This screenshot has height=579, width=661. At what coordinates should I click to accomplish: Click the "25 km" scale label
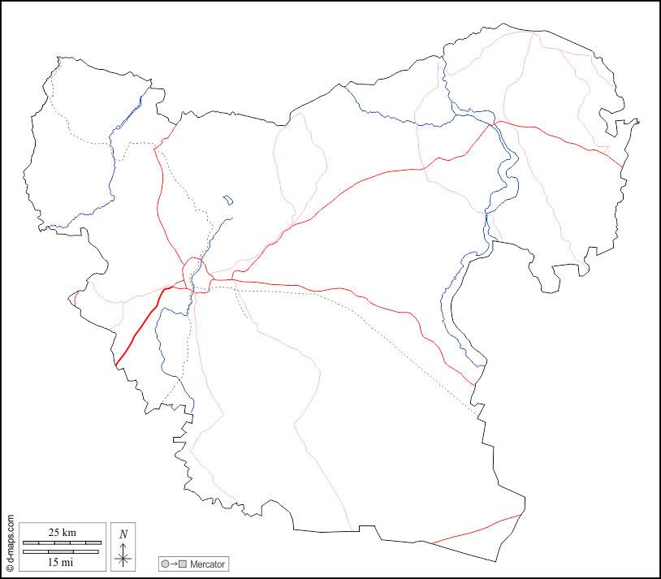point(63,532)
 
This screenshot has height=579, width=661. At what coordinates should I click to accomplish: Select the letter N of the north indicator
point(123,534)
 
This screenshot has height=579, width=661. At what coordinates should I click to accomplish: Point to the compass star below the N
point(123,557)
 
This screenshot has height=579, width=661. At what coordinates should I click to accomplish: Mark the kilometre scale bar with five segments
point(63,542)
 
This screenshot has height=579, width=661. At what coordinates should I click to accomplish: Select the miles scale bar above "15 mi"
point(61,552)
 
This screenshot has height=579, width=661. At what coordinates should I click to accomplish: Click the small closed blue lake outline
point(227,199)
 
